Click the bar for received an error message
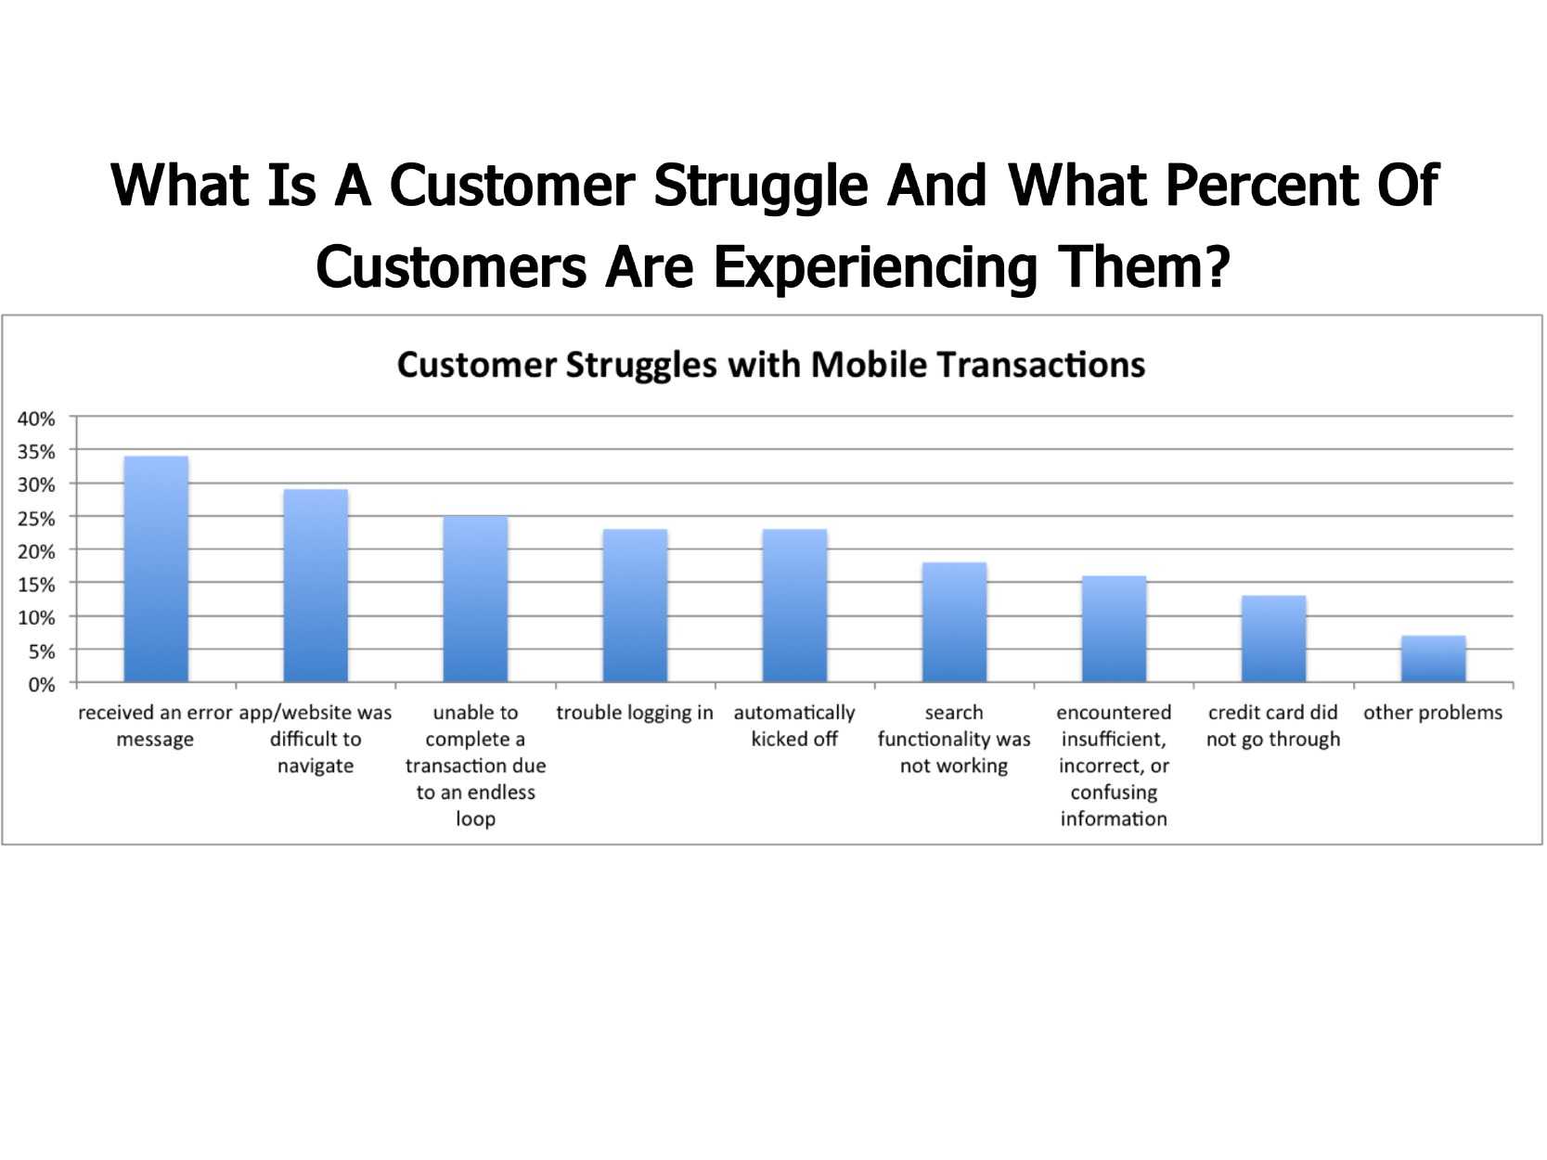coord(156,570)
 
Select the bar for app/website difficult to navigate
coord(316,586)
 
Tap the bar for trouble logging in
coord(635,606)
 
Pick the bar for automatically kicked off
coord(794,606)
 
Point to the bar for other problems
coord(1434,660)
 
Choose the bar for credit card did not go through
coord(1273,639)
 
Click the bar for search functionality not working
coord(954,623)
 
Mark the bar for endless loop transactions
coord(475,599)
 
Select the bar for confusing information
coord(1115,629)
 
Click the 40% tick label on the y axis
coord(36,419)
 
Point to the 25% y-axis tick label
coord(36,519)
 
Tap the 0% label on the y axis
coord(42,684)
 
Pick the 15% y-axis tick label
coord(36,585)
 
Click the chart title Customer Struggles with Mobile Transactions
coord(771,366)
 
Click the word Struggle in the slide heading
coord(760,187)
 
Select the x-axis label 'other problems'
coord(1433,714)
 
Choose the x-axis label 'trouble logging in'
coord(635,714)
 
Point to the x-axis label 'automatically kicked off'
coord(794,726)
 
